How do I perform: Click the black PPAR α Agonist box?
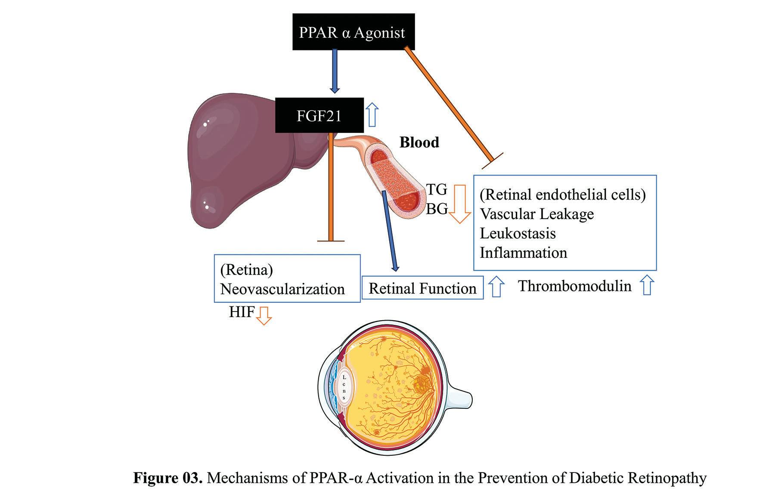353,32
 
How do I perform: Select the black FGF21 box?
319,115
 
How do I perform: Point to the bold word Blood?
419,142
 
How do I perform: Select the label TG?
437,189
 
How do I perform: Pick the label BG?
437,209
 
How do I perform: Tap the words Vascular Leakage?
536,214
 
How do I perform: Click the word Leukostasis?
518,233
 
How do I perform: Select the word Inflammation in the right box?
523,253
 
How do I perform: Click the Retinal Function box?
422,288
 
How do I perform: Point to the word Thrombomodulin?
574,286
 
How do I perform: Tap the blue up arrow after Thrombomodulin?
647,286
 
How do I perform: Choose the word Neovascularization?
282,289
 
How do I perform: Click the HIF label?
242,312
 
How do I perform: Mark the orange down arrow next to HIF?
263,315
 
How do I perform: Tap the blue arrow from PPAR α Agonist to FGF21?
335,71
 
